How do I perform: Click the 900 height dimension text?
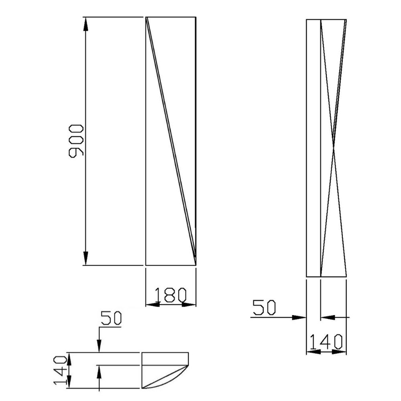tap(76, 141)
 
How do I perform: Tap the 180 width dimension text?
tap(170, 296)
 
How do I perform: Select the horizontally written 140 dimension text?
tap(326, 341)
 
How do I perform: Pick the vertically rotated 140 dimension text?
tap(61, 371)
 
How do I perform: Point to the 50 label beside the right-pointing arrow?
tap(264, 308)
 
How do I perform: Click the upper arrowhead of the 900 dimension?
tap(85, 24)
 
